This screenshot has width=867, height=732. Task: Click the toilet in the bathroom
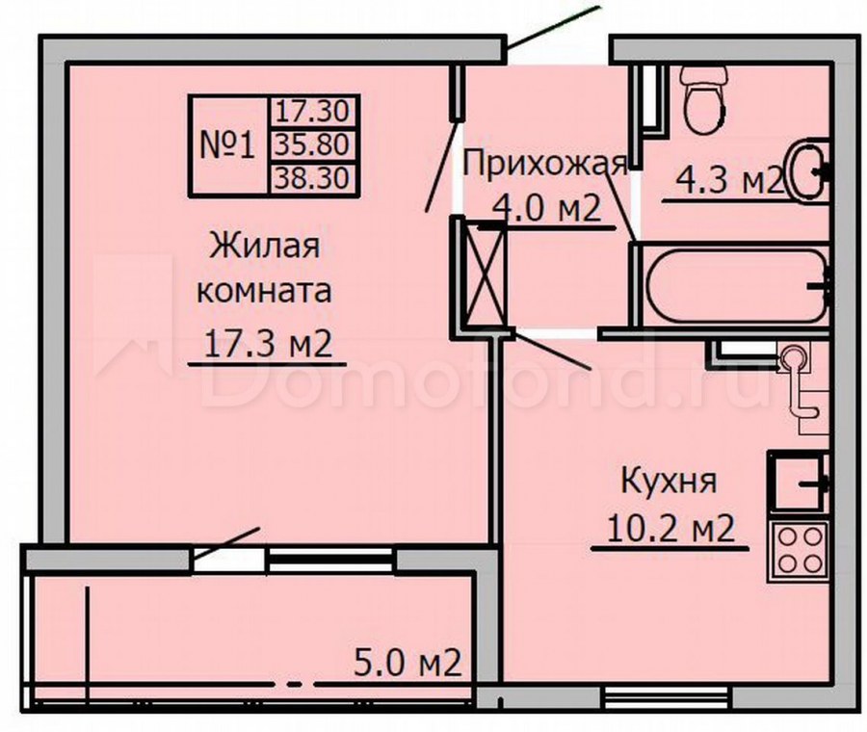point(703,99)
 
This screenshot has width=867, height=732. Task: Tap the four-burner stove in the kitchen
point(799,551)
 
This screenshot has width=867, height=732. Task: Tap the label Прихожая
point(545,164)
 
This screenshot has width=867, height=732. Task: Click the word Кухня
point(669,481)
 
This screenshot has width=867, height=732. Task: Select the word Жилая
point(265,245)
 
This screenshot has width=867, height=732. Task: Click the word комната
point(264,292)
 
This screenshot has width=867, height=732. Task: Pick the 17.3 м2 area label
point(268,343)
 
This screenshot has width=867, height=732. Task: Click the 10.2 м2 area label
point(670,529)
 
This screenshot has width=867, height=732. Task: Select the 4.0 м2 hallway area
point(546,209)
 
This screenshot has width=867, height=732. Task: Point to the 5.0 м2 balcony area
point(407,663)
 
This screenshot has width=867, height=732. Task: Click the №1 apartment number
point(227,146)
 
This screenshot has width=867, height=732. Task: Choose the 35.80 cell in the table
point(313,145)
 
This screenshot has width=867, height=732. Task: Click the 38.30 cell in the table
point(313,178)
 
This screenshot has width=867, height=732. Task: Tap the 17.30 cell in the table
point(313,112)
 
